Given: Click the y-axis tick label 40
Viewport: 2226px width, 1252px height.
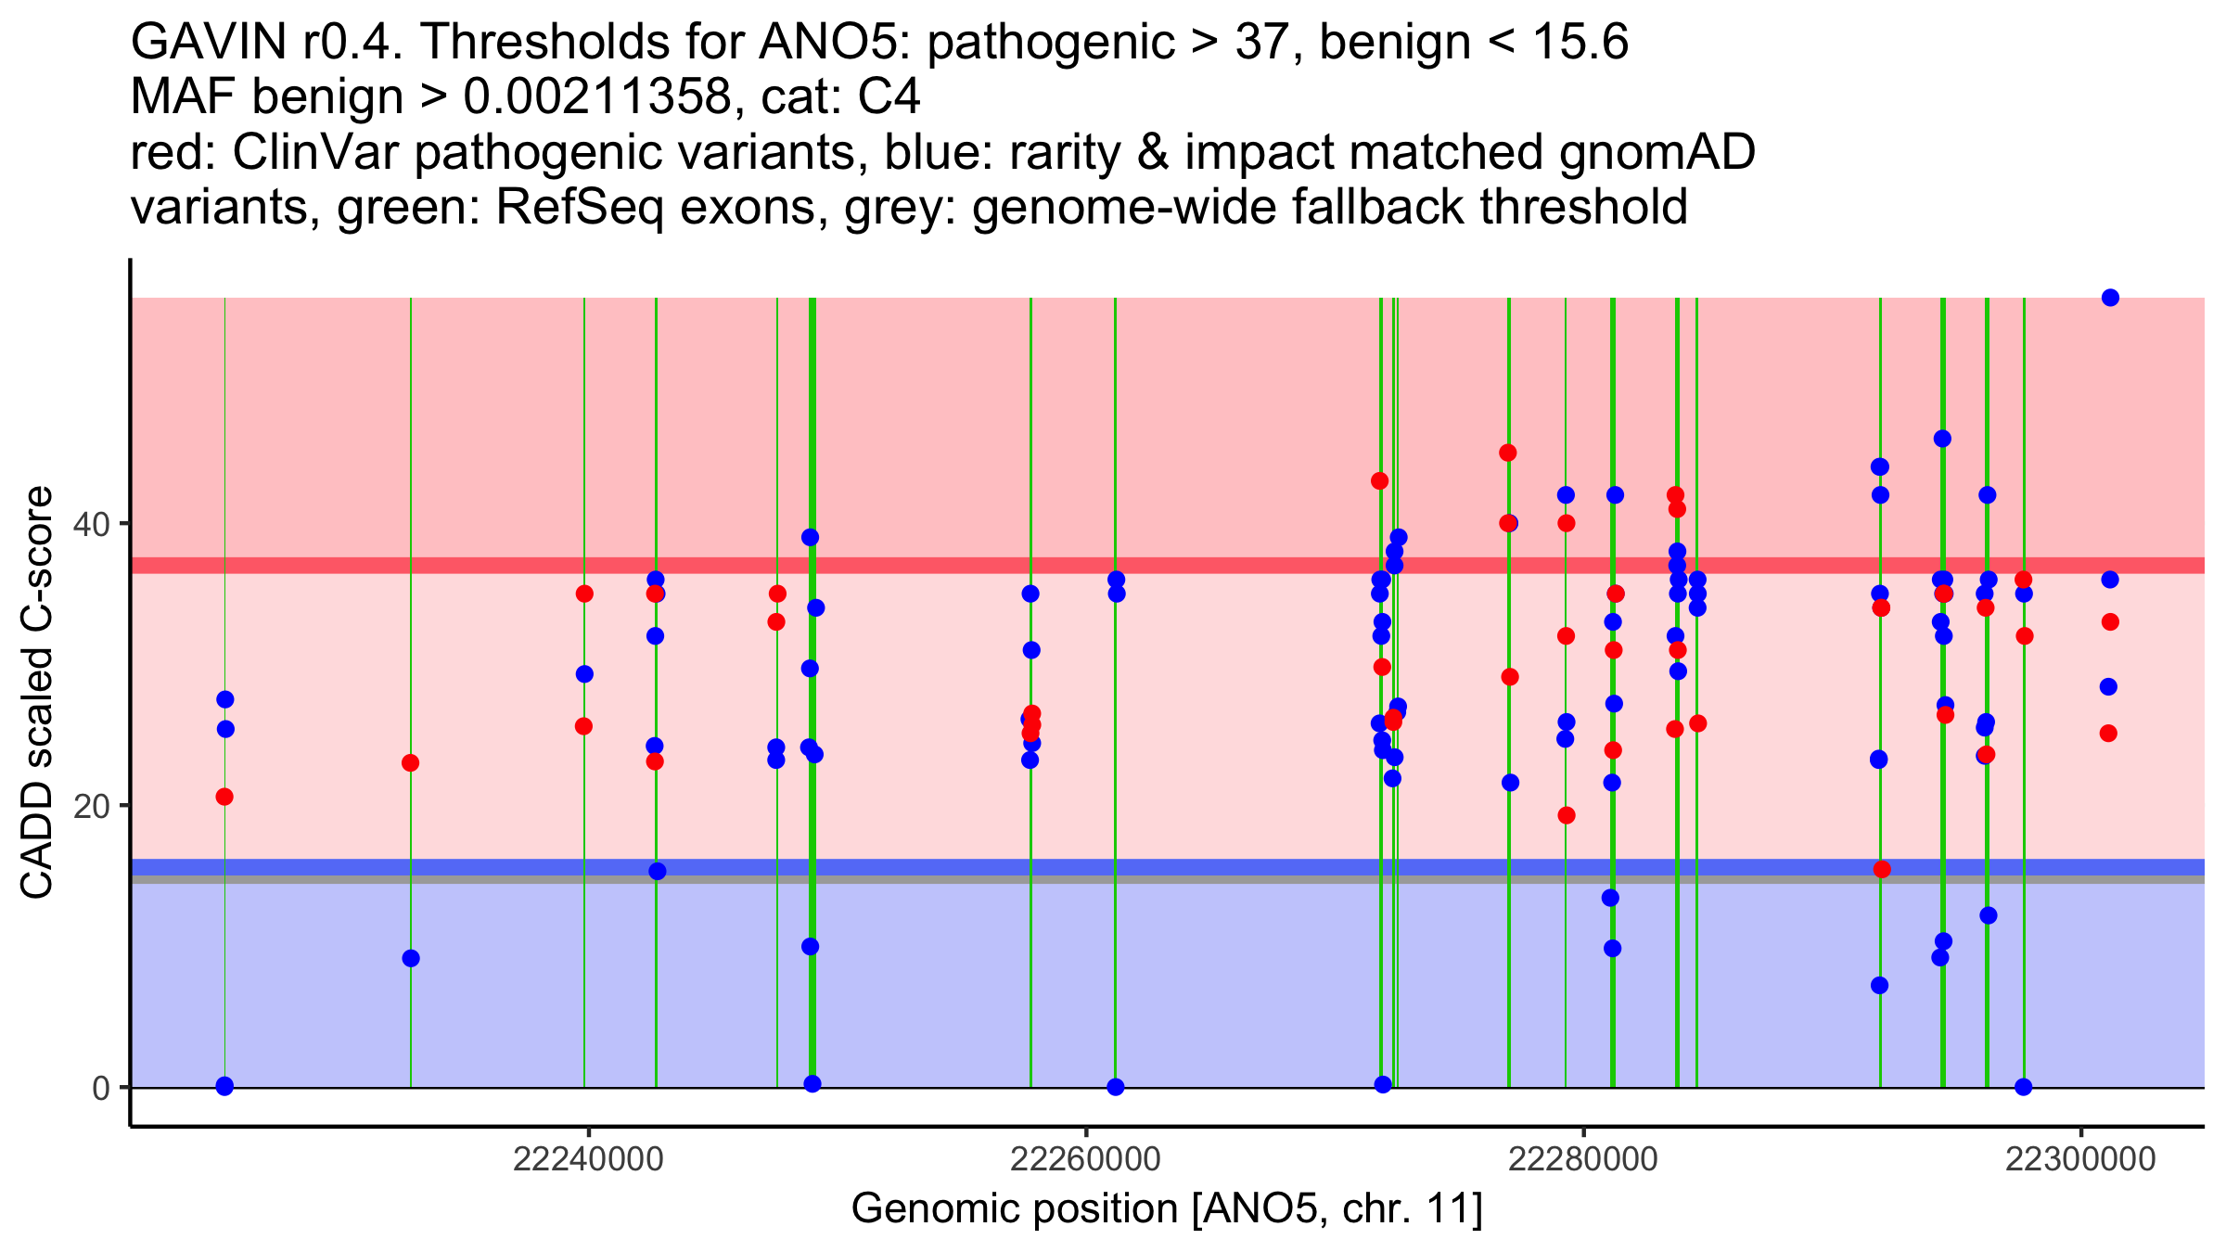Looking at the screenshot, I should [91, 524].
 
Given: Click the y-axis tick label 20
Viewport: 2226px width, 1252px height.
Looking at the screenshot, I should [91, 806].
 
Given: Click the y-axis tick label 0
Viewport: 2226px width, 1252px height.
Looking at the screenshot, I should [101, 1088].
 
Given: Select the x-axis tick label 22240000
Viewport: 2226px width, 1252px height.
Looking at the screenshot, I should [588, 1160].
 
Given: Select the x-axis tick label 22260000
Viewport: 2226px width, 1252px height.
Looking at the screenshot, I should [1085, 1160].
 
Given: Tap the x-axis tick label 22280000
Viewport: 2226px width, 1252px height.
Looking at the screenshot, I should [1583, 1160].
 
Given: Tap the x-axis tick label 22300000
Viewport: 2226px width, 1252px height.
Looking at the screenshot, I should [2081, 1160].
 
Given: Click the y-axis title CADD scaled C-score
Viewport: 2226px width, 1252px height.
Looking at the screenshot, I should [37, 693].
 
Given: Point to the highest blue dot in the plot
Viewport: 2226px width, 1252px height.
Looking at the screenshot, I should [2110, 298].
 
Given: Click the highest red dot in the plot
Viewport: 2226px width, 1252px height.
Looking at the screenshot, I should [1508, 453].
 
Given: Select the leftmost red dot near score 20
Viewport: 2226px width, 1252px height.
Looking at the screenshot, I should [224, 797].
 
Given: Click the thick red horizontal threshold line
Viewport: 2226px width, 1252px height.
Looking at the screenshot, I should [927, 566].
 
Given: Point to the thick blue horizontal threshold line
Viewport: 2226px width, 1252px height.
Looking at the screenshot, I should [927, 866].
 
